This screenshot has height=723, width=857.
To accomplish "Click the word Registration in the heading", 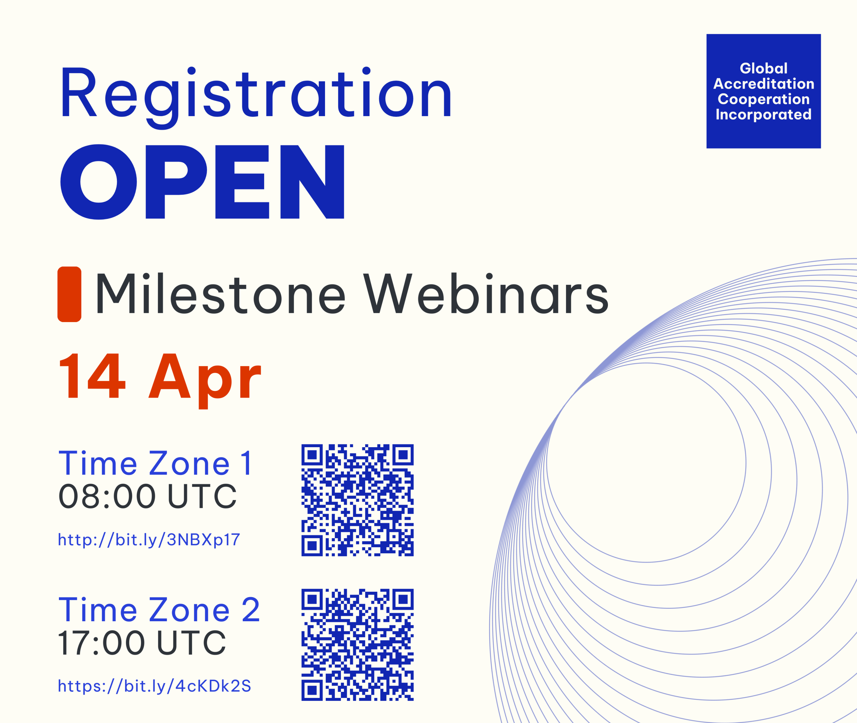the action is click(x=256, y=97).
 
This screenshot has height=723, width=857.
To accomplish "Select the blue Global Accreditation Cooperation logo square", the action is click(x=764, y=91).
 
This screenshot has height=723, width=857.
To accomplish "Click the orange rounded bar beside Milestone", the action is click(x=69, y=294).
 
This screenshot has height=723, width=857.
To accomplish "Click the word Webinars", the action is click(x=486, y=294).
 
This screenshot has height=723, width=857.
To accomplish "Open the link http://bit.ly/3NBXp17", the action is click(x=149, y=540).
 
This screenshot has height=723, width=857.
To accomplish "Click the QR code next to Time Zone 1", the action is click(x=358, y=500).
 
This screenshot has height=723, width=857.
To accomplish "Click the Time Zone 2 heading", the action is click(x=159, y=610).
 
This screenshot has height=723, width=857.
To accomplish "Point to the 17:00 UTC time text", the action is click(x=142, y=642).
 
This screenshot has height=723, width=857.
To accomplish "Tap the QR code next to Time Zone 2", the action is click(x=358, y=645).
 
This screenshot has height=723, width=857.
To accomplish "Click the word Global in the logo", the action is click(x=764, y=68).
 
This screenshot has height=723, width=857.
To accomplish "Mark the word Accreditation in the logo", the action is click(x=764, y=84).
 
